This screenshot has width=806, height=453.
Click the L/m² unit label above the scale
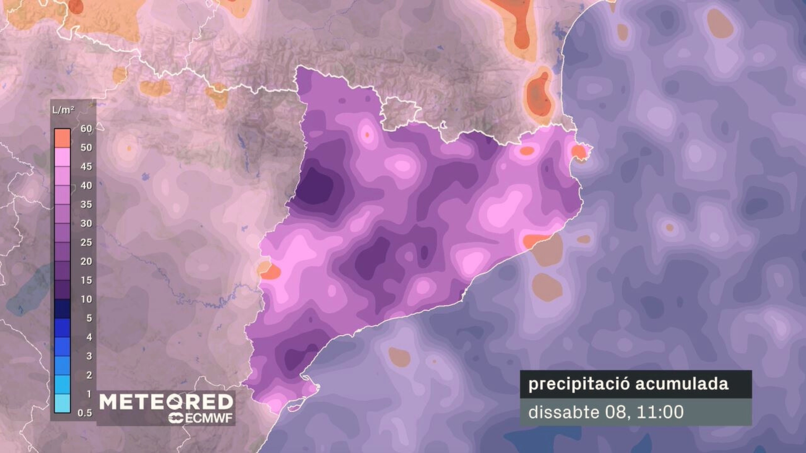click(63, 110)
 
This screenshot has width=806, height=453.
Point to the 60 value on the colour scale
click(86, 129)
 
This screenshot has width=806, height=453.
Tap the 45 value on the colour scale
click(86, 167)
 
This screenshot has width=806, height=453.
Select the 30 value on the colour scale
click(86, 223)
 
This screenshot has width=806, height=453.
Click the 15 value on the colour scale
click(86, 280)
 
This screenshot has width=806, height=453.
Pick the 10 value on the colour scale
click(86, 299)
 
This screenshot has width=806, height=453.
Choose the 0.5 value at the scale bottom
click(84, 413)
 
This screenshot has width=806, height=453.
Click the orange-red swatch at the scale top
click(62, 138)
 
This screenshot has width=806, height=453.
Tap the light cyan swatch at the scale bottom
click(62, 404)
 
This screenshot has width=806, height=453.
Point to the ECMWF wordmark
click(201, 418)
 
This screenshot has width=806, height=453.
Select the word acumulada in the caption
click(682, 384)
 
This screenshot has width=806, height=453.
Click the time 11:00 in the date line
click(660, 412)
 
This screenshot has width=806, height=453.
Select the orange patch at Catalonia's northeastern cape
click(579, 151)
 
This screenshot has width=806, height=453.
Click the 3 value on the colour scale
click(89, 356)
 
